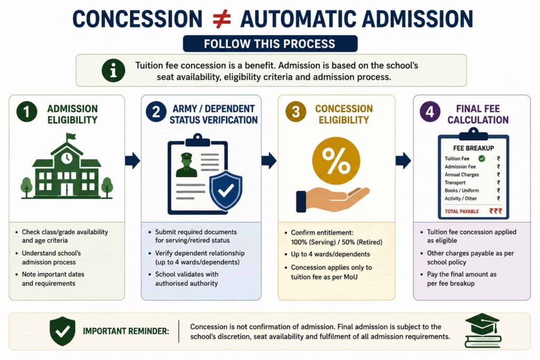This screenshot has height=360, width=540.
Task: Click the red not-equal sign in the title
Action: click(x=221, y=19)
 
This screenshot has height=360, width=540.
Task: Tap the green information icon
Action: click(x=113, y=70)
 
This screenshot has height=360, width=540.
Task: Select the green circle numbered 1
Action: click(x=27, y=112)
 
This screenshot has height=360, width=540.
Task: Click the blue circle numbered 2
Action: click(x=156, y=112)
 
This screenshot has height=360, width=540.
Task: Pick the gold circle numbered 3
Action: click(x=295, y=112)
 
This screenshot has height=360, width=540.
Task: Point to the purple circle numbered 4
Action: click(x=430, y=112)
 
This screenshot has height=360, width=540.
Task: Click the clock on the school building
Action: click(x=67, y=158)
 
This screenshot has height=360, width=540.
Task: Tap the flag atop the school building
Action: click(x=71, y=137)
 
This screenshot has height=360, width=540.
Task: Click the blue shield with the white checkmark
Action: click(x=226, y=190)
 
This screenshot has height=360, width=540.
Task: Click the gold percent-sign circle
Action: click(x=336, y=161)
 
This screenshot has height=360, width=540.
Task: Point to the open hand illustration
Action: click(x=332, y=200)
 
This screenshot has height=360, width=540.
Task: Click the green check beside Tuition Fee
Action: click(x=482, y=159)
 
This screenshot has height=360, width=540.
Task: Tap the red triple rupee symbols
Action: click(x=496, y=211)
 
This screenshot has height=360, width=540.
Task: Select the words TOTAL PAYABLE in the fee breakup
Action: click(x=461, y=211)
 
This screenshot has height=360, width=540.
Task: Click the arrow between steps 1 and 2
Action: click(x=132, y=160)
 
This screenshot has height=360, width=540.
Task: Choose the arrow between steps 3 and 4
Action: click(x=403, y=160)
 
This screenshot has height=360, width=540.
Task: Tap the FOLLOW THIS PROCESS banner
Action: click(x=270, y=44)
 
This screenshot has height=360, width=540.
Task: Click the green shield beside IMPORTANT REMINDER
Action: click(x=62, y=331)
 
